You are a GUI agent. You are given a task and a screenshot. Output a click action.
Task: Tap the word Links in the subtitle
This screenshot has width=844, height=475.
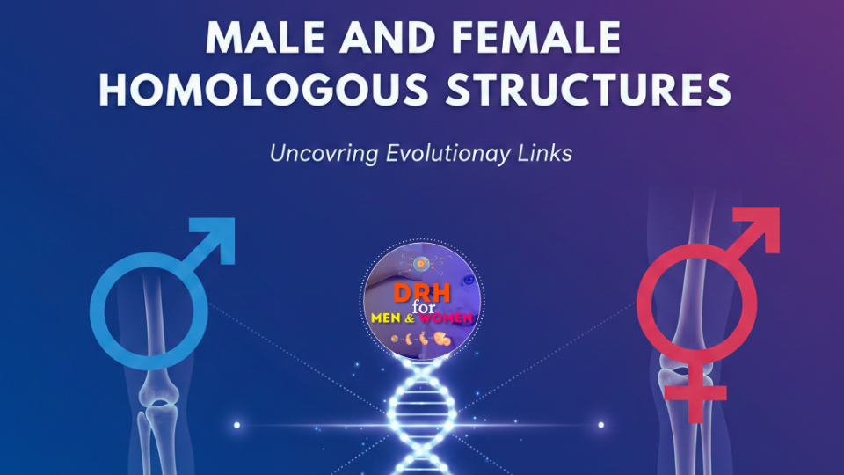(545, 153)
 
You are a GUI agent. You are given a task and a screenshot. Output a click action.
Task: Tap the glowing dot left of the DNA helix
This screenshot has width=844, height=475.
(236, 425)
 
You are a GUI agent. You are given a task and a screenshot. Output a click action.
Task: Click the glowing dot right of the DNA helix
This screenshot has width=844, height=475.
(601, 425)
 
